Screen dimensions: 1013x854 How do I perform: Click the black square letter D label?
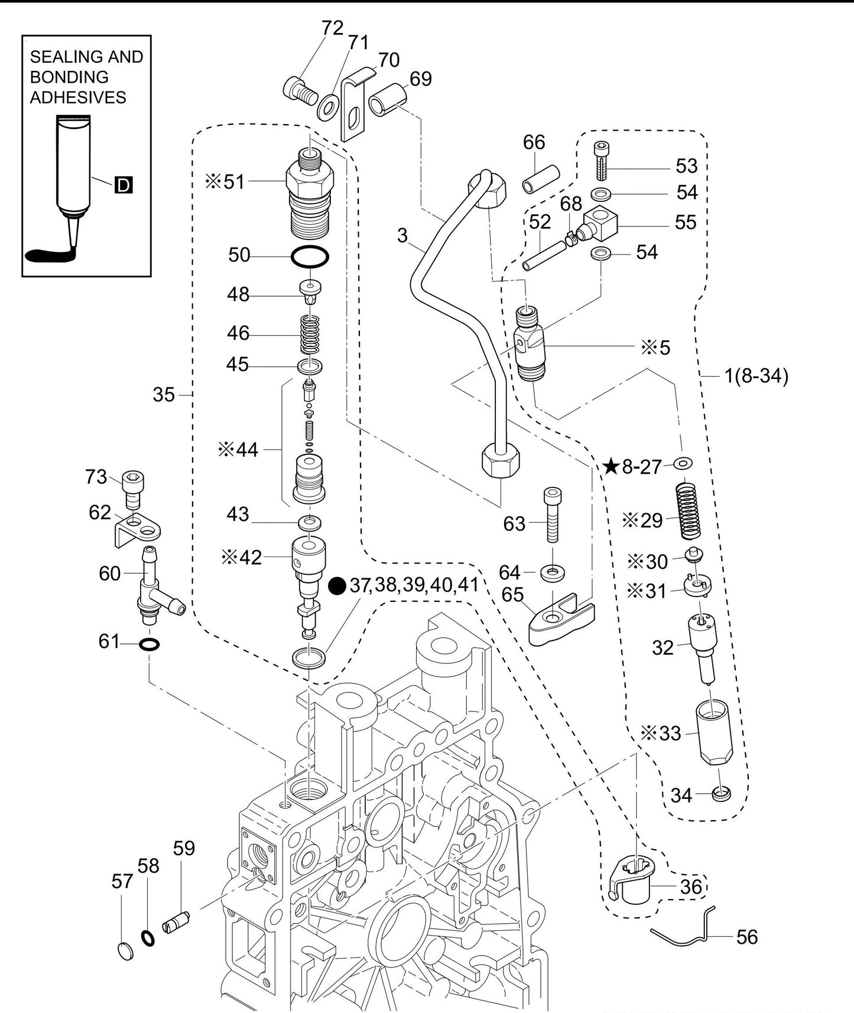click(123, 185)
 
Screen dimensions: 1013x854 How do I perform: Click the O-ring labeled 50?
click(310, 257)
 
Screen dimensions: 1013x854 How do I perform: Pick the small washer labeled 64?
click(553, 572)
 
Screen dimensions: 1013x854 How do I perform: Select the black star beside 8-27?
click(611, 467)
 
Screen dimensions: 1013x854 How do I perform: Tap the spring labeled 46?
click(310, 334)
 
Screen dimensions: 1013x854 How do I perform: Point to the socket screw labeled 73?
click(134, 489)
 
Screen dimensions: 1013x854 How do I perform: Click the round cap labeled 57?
click(125, 951)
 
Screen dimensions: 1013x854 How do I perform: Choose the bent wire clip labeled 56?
click(686, 934)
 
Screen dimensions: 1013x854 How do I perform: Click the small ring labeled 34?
click(721, 794)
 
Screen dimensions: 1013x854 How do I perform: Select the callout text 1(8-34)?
click(756, 376)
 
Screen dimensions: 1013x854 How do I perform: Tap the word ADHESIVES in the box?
click(78, 98)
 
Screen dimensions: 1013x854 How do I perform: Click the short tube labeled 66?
click(541, 179)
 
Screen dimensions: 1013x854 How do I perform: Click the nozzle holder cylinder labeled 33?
click(713, 733)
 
